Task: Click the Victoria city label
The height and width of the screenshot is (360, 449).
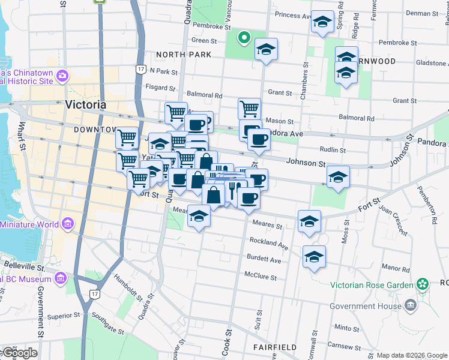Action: point(85,104)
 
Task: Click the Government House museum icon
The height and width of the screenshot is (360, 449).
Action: point(410,305)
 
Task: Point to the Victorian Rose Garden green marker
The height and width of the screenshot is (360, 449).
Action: point(423,283)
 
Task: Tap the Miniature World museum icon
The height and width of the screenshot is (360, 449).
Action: point(68,225)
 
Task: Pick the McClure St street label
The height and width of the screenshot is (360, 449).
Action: point(260,277)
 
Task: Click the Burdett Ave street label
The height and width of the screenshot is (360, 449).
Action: point(264,260)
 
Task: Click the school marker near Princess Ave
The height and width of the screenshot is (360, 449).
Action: point(322,22)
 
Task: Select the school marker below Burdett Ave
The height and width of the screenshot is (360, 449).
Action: point(314,257)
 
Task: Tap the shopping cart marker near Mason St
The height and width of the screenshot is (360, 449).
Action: point(249,109)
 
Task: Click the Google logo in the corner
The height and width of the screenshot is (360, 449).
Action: point(19,353)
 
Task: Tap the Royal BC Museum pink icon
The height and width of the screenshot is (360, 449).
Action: point(60,278)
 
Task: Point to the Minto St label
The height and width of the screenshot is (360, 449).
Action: point(347,328)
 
